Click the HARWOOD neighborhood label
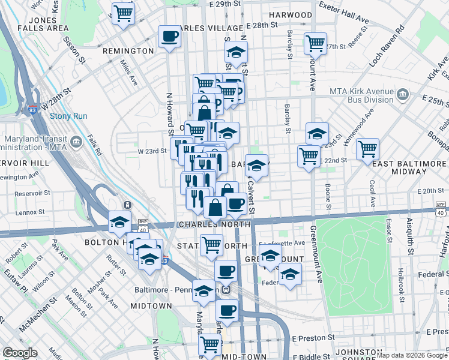291,14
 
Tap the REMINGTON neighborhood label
128,51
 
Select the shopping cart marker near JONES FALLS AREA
123,13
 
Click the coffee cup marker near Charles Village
169,37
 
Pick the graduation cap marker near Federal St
290,274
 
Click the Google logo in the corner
20,352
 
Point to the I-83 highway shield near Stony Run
31,110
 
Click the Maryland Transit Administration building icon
76,142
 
